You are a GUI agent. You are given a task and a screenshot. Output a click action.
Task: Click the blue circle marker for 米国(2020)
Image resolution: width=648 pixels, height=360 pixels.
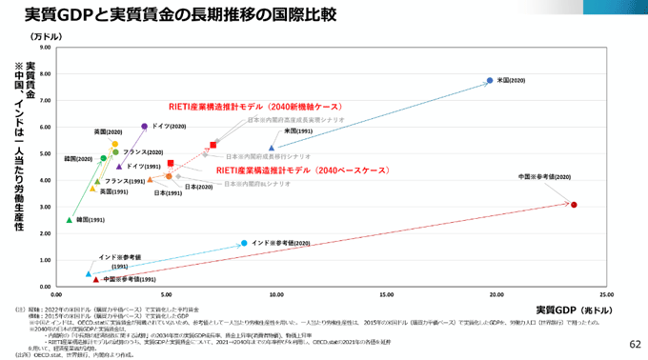pos(489,81)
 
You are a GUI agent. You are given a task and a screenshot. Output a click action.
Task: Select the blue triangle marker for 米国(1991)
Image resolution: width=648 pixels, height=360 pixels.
pos(272,148)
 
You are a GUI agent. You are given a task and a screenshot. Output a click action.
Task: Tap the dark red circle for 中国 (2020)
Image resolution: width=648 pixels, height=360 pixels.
pos(574,205)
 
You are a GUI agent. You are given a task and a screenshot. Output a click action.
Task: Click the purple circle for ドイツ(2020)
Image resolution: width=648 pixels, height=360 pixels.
pos(144,126)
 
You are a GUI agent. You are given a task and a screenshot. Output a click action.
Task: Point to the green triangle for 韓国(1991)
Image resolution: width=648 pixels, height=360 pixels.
pos(69,219)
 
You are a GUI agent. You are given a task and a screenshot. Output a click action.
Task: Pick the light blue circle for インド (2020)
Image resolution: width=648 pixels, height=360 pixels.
pos(244,243)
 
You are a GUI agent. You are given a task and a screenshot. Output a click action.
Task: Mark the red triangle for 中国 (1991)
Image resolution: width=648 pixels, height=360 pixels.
pos(95,279)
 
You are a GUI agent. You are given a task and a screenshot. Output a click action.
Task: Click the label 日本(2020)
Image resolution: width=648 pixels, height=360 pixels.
pos(198,187)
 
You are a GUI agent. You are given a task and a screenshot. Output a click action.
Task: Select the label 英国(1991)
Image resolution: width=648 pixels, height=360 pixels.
pos(114,191)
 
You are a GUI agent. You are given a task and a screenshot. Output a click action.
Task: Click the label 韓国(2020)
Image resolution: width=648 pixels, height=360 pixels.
pos(78,159)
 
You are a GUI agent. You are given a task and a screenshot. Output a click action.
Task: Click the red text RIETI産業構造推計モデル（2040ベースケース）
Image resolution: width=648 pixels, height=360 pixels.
pos(302,170)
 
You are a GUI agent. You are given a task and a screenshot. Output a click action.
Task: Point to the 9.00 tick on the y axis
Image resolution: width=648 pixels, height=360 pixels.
pos(45,46)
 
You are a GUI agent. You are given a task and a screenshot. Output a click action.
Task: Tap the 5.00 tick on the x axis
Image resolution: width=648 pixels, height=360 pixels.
pos(167,295)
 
